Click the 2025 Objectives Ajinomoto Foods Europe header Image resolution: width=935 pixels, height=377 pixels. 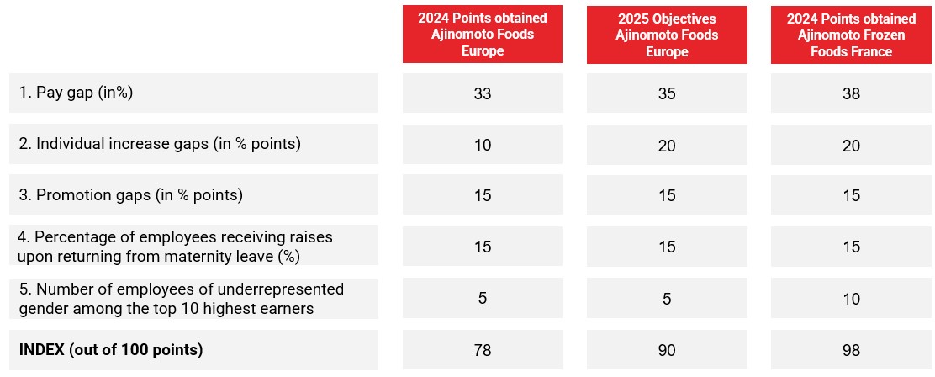[667, 35]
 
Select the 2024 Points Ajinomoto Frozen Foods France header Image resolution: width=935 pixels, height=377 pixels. [851, 35]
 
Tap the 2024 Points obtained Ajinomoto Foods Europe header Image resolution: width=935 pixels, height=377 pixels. [483, 35]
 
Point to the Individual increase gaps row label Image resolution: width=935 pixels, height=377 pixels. [160, 144]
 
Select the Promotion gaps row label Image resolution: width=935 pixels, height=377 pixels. [131, 195]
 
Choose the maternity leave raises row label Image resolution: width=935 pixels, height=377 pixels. [175, 247]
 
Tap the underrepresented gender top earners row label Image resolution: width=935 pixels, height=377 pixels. [182, 299]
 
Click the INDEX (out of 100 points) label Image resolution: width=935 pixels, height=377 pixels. [111, 350]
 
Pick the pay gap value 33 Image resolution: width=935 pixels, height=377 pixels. [483, 93]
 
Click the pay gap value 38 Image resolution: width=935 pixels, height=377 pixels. [851, 93]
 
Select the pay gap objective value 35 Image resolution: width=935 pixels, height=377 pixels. [667, 93]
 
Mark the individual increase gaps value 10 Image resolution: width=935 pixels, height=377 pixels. [483, 145]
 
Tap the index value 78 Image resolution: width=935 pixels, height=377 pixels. [483, 350]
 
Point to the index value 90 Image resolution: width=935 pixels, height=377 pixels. [667, 350]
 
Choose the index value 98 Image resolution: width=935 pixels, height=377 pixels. [851, 350]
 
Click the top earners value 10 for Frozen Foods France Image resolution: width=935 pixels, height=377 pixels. [851, 299]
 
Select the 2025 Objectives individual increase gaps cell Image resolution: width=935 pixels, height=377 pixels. [667, 145]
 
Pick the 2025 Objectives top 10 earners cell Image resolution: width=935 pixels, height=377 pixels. [667, 298]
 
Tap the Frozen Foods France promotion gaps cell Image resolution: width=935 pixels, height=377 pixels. [851, 195]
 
